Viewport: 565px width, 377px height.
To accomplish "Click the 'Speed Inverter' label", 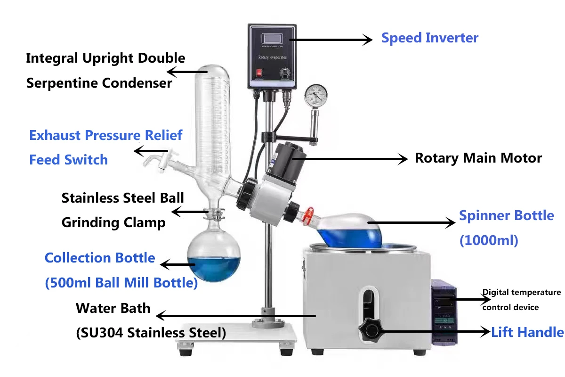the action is (x=429, y=38).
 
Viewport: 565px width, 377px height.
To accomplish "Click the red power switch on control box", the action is (x=258, y=73).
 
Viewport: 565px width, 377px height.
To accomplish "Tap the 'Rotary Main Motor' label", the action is (x=478, y=158).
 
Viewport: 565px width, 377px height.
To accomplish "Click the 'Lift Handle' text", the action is (x=527, y=332).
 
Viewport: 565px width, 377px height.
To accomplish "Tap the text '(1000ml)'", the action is (x=488, y=240).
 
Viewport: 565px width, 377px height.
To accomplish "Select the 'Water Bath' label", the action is (x=113, y=309).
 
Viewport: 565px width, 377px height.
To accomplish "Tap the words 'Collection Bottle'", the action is (x=99, y=258).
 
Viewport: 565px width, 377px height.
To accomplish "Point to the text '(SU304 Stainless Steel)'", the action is (x=151, y=333).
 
